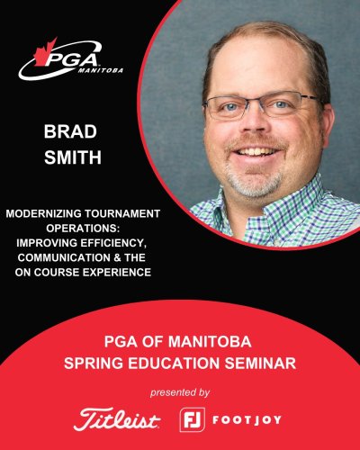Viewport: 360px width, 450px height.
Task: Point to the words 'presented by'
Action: click(x=180, y=391)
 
